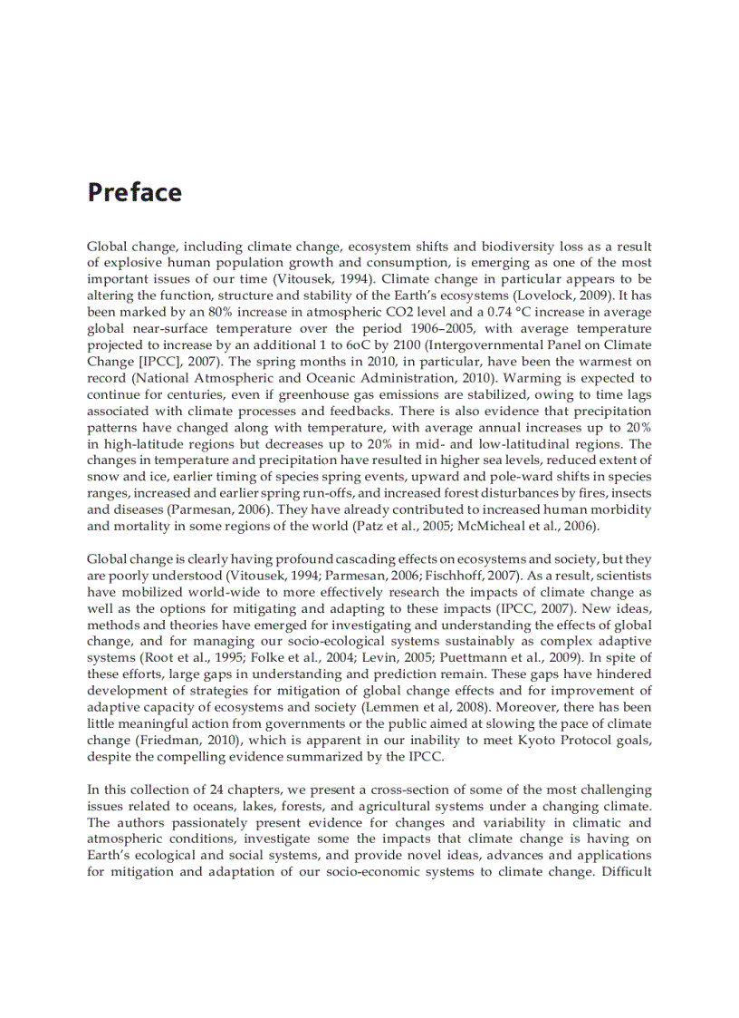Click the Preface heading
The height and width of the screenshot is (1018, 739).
pos(134,193)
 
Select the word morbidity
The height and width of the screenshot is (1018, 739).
pos(618,509)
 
